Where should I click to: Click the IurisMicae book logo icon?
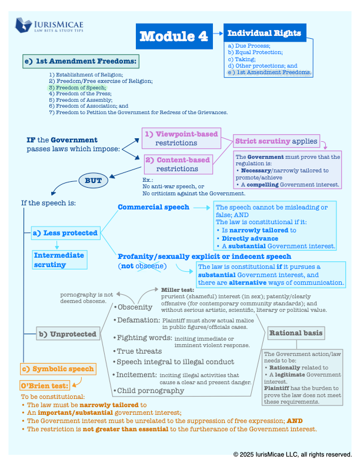tap(24, 25)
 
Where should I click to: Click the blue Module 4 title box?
tap(174, 36)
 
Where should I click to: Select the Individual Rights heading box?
tap(265, 33)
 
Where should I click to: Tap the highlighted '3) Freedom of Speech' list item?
tap(77, 88)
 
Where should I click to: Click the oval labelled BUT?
tap(94, 181)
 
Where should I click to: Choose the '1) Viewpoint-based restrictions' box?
tap(182, 138)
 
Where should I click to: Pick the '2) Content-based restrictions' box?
tap(178, 164)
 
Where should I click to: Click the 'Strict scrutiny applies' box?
tap(276, 141)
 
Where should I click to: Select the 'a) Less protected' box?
tap(66, 233)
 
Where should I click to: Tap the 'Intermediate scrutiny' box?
tap(59, 259)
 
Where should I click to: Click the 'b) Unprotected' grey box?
tap(68, 334)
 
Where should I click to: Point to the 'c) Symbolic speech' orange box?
tap(58, 369)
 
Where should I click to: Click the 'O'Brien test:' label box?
tap(45, 386)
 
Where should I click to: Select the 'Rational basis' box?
tap(296, 333)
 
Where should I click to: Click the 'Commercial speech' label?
tap(154, 207)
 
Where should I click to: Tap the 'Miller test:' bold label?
tap(178, 289)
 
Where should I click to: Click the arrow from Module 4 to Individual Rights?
tap(218, 34)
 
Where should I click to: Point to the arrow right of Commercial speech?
tap(202, 208)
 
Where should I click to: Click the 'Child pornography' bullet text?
tap(151, 391)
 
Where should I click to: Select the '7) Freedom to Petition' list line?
tap(138, 112)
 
